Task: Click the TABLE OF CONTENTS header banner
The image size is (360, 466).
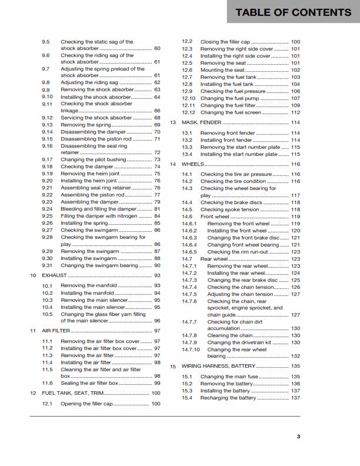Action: point(293,12)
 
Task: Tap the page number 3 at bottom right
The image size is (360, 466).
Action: point(298,436)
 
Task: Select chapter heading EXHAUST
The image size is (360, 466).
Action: point(55,275)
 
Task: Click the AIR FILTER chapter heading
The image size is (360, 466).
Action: point(56,331)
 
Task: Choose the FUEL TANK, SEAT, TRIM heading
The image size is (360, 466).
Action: point(75,392)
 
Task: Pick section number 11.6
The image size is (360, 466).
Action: point(48,383)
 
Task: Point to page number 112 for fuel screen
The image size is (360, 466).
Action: point(295,112)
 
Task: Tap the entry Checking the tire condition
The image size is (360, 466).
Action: point(234,181)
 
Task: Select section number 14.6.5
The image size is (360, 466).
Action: point(189,252)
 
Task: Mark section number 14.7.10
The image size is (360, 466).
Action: point(191,349)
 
